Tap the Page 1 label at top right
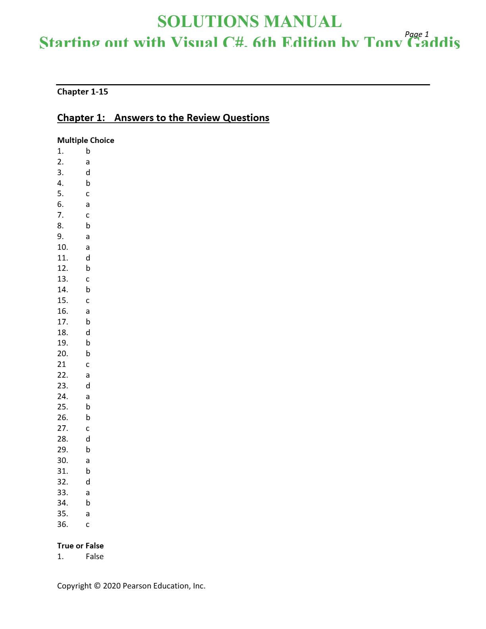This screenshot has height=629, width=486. pos(417,34)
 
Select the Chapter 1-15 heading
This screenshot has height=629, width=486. pos(83,92)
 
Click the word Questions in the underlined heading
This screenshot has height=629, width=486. pos(246,118)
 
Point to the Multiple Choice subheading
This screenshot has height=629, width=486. pos(86,140)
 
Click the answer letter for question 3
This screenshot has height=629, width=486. pos(88,172)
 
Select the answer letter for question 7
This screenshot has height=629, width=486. pos(88,215)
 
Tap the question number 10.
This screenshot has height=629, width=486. pos(62,247)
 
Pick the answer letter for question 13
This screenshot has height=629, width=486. pos(88,279)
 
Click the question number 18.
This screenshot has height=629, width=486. pos(62,332)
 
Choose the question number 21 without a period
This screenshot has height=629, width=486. pos(62,364)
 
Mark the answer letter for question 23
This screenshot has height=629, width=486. pos(88,386)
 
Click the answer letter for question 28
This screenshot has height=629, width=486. pos(88,439)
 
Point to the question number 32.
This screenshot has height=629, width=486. pos(62,482)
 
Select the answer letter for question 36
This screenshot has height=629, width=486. pos(88,525)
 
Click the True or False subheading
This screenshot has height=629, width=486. pos(80,546)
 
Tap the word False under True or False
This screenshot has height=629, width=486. pos(94,556)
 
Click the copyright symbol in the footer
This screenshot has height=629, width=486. pos(97,586)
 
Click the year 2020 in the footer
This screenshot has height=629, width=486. pos(112,586)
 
